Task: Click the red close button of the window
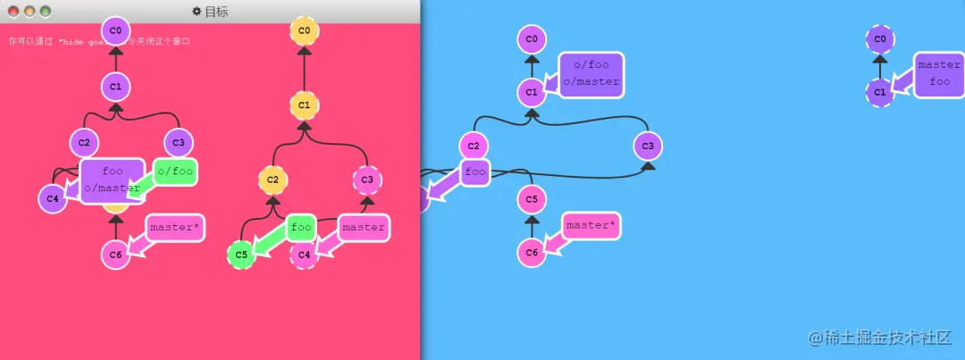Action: [x=13, y=12]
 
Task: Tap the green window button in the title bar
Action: [x=46, y=12]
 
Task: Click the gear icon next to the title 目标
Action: [x=197, y=12]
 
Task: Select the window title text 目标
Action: [x=217, y=12]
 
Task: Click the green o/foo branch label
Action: [x=175, y=170]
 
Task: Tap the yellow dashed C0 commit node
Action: [x=304, y=30]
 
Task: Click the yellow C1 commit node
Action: [x=304, y=105]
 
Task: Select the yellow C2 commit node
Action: [x=273, y=180]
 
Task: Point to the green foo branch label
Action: [x=302, y=227]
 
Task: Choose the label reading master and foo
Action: [x=939, y=73]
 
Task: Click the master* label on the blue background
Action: [x=591, y=225]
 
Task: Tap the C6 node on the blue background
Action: [x=532, y=252]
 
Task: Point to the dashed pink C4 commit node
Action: [x=304, y=255]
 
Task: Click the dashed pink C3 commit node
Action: [x=366, y=180]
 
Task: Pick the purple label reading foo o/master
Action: [x=113, y=180]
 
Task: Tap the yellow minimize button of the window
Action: [x=29, y=12]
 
